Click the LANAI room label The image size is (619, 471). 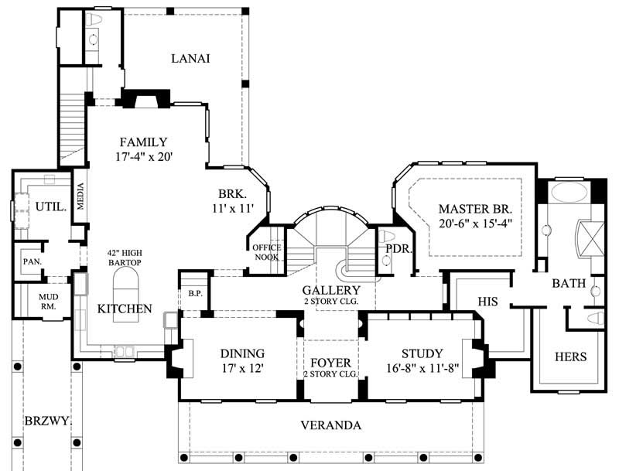click(x=191, y=59)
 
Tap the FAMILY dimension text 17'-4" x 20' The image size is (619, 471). click(x=143, y=156)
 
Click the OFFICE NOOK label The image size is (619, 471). click(x=268, y=252)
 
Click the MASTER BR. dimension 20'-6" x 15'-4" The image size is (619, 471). click(x=476, y=224)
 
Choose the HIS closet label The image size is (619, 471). click(x=487, y=300)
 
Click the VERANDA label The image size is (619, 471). click(x=330, y=425)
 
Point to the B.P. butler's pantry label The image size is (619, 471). click(x=195, y=293)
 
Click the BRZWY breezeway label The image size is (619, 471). click(x=46, y=422)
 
